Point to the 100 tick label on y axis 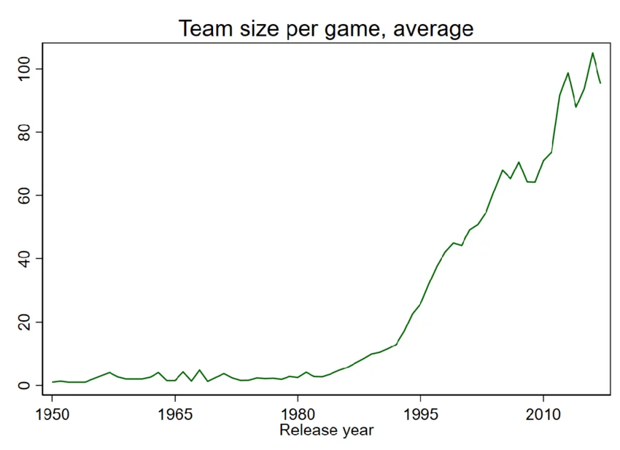pos(27,69)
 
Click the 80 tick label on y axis pos(27,132)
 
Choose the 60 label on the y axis pos(27,195)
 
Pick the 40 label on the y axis pos(27,259)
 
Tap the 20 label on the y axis pos(27,322)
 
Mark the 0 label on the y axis pos(27,385)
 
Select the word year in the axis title pos(356,431)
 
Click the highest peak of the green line pos(592,53)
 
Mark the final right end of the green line pos(600,82)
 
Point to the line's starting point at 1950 pos(52,382)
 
